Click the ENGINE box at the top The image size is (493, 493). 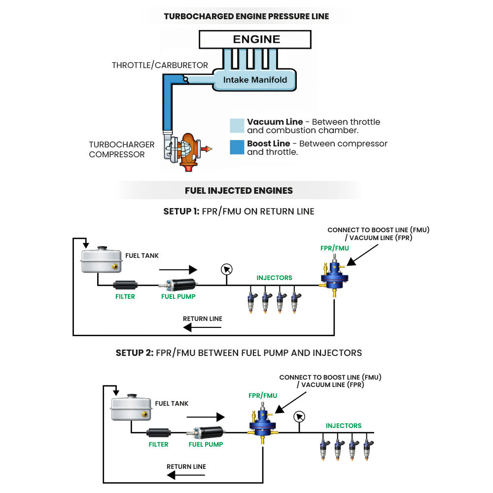point(255,39)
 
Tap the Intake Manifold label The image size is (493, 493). point(255,80)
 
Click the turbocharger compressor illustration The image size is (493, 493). point(184,151)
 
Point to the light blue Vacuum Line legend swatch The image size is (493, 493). point(237,126)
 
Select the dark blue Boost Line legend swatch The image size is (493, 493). point(237,147)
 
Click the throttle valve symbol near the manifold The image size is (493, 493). point(186,79)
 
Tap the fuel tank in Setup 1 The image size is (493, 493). point(102,259)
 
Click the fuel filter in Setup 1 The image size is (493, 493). point(125,285)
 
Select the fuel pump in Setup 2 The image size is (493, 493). point(206,432)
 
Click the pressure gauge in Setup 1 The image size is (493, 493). point(226,270)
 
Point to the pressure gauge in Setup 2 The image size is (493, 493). point(299,417)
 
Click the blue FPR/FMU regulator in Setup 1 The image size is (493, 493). point(334,276)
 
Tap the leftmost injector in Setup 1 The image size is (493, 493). point(251,302)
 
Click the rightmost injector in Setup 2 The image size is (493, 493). point(367,450)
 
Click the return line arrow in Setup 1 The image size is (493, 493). point(202,328)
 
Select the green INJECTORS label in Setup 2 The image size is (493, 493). point(344,426)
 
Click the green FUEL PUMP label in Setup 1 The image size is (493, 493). point(178,296)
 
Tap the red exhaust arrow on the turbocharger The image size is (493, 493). point(207,149)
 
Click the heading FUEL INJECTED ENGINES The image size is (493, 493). point(239,190)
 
